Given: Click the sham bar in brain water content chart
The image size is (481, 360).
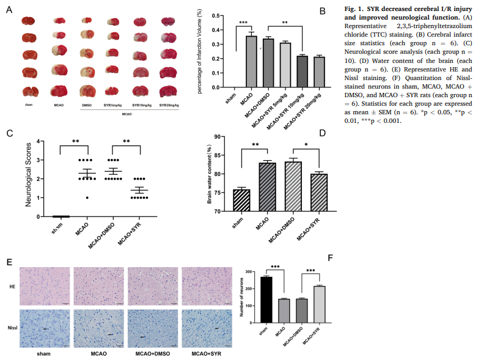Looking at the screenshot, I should pyautogui.click(x=241, y=200).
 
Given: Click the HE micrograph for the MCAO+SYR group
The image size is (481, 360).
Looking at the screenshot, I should pyautogui.click(x=206, y=285).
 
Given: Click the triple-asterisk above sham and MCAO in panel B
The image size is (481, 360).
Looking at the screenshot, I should pyautogui.click(x=243, y=23).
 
